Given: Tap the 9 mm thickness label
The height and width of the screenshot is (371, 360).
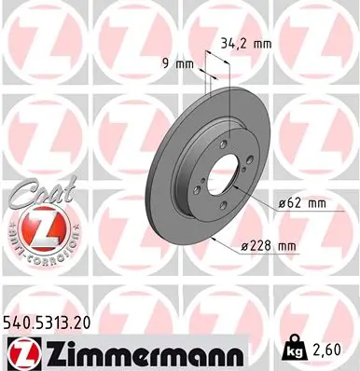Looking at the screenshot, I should coord(177,64).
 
